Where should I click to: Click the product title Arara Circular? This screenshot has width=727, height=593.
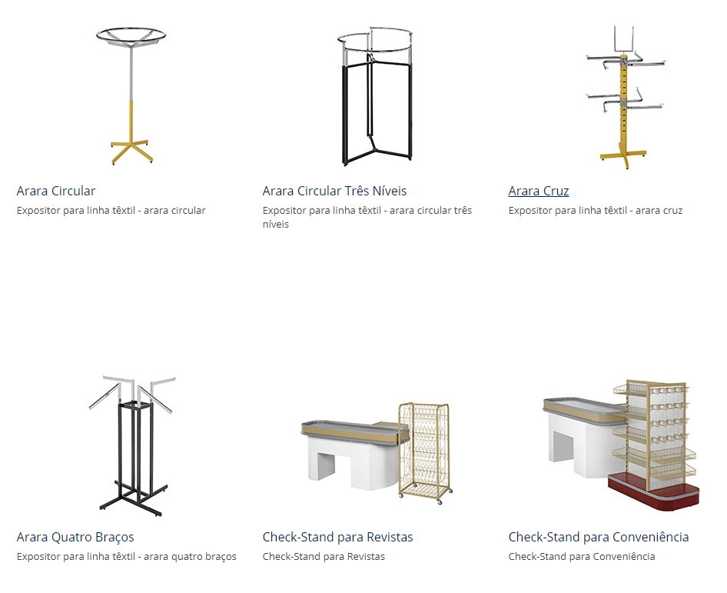coord(55,191)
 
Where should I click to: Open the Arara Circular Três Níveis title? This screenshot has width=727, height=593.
coord(334,191)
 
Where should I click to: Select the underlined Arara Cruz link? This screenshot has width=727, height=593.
coord(538,191)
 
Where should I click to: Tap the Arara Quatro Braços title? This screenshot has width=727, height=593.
coord(75,537)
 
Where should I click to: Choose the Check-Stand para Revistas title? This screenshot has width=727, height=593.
coord(337,537)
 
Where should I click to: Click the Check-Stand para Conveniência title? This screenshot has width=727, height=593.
coord(599,537)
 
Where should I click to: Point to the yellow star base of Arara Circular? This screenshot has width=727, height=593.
coord(131,151)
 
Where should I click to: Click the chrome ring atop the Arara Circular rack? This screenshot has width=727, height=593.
coord(131,35)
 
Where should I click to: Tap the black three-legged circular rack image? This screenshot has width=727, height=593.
coord(374,96)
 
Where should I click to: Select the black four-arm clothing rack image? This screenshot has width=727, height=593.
coord(133,446)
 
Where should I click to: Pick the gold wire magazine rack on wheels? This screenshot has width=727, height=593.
coord(425,453)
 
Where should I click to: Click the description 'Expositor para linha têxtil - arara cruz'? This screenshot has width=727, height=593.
coord(596,210)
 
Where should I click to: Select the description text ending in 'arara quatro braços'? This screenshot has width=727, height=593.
coord(127,556)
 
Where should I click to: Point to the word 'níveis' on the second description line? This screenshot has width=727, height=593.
coord(275,224)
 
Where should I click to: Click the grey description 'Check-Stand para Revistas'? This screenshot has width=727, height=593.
coord(324,556)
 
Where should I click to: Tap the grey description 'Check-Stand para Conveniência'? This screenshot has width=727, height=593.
coord(582,556)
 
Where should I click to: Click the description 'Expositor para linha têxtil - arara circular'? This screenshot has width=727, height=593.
coord(111,210)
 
